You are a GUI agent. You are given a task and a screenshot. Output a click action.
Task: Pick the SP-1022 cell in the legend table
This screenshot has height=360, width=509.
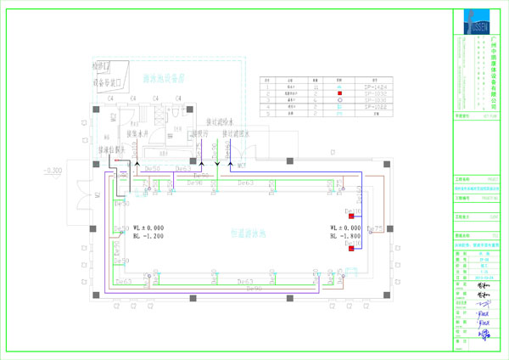tap(377, 107)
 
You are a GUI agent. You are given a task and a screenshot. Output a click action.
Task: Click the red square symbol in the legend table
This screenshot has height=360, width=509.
tap(339, 93)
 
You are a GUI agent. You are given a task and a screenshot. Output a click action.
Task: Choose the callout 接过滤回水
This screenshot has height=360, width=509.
tap(238, 133)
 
